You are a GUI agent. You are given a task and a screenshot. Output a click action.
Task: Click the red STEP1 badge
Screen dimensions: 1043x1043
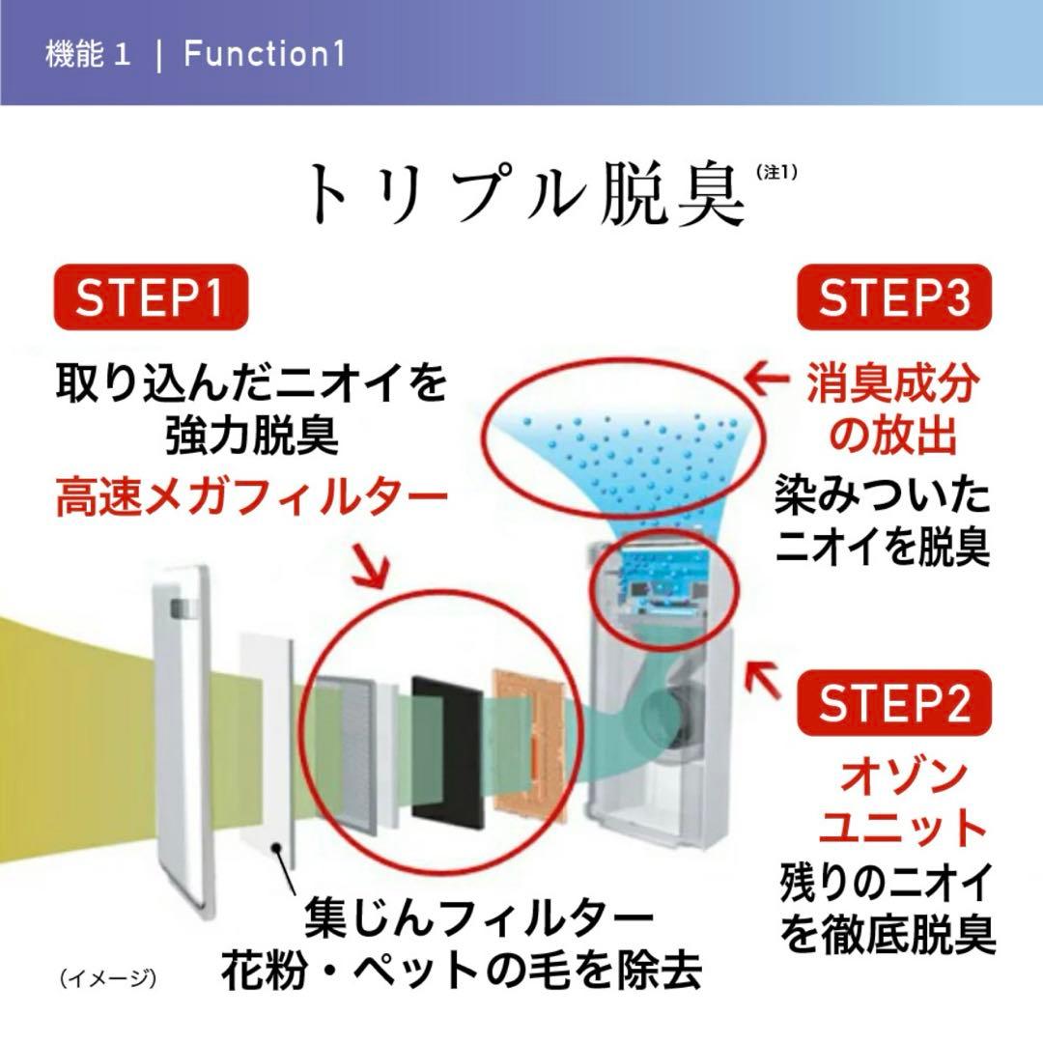[x=150, y=298]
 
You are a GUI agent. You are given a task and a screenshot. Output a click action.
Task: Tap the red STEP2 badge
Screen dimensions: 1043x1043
[x=894, y=705]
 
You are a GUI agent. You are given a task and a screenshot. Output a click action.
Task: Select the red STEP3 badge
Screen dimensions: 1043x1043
[x=894, y=298]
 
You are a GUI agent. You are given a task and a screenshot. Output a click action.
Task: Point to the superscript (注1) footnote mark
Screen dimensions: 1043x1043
[x=776, y=173]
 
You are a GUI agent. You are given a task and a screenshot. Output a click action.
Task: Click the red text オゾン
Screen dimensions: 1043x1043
[x=889, y=776]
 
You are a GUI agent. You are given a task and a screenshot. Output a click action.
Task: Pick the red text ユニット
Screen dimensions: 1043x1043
[x=889, y=829]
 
